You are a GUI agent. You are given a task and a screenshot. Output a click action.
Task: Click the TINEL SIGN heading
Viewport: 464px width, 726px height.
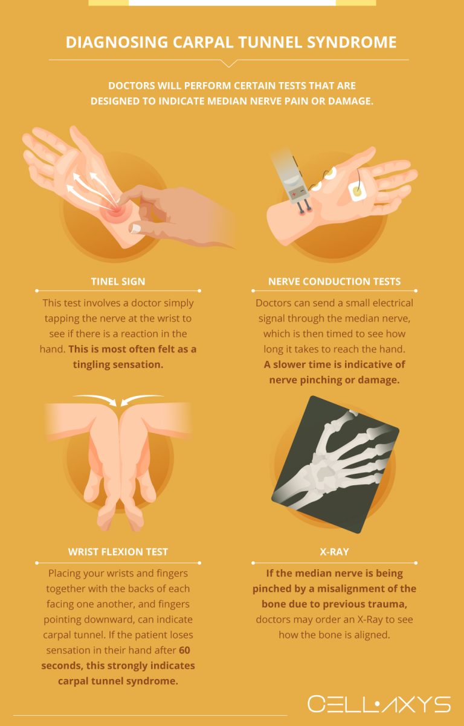(x=118, y=281)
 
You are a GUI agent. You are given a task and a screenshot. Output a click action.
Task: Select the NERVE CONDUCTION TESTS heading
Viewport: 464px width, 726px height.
(x=334, y=281)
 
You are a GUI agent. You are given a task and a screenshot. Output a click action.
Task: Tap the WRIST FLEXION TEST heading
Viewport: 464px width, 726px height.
(x=118, y=552)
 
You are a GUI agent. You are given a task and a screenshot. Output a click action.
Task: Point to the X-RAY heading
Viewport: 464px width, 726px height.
(x=334, y=552)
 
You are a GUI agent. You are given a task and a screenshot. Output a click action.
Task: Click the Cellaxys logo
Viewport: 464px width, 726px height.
(x=379, y=704)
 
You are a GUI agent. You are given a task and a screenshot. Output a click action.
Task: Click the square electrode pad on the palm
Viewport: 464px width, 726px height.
(x=356, y=191)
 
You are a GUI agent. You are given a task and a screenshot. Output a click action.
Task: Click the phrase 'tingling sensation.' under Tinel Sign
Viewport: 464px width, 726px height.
(x=118, y=365)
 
